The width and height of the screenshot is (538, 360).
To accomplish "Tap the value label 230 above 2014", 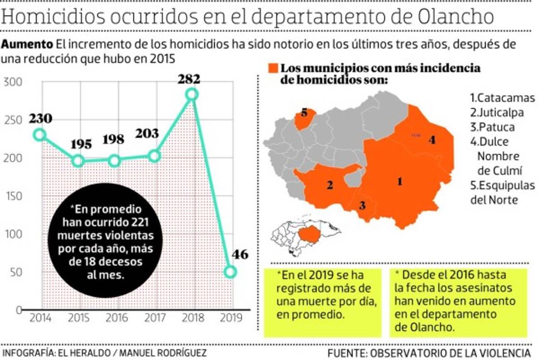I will click(x=41, y=118).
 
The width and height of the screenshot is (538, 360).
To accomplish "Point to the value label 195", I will click(x=81, y=144).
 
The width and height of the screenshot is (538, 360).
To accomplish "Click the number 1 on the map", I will click(x=399, y=181).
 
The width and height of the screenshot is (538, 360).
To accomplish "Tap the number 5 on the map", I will click(x=304, y=113).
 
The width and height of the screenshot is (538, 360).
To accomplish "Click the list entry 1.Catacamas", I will click(x=502, y=98).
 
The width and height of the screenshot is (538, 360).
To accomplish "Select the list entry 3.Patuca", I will click(x=492, y=127).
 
